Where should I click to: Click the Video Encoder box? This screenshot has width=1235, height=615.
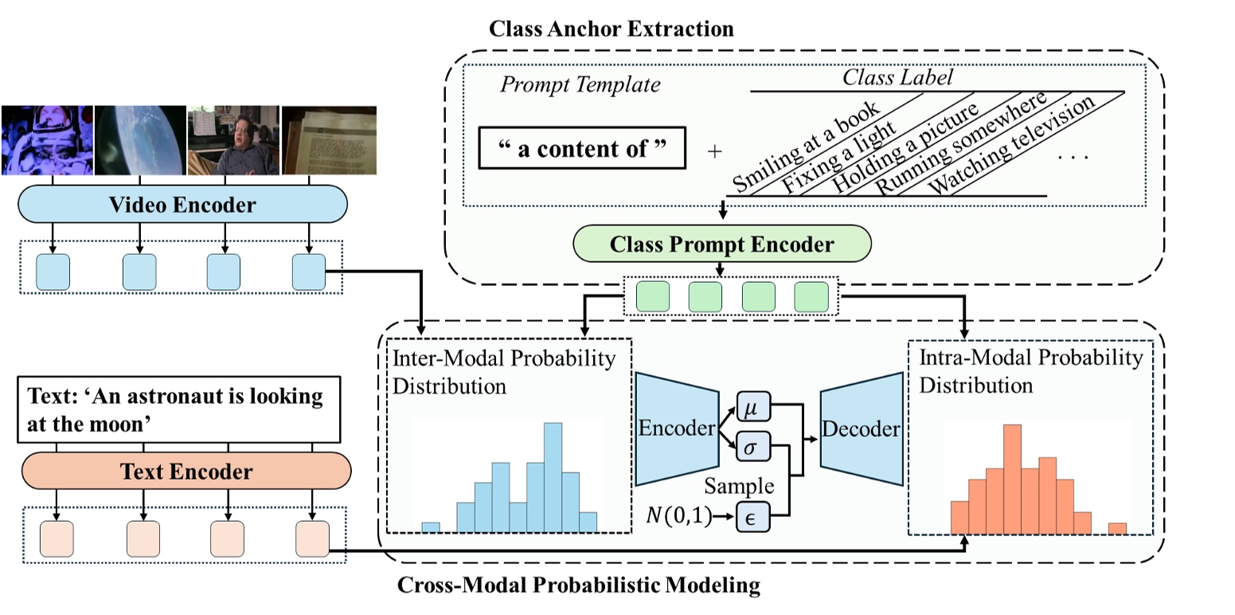coord(182,205)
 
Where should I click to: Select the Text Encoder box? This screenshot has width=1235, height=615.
coord(186,471)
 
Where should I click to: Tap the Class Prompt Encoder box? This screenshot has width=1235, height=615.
coord(721,244)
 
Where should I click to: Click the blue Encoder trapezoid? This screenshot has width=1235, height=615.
coord(675,429)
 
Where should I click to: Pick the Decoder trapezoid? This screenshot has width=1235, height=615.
coord(861,429)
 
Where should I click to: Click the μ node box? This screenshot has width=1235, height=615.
coord(750,408)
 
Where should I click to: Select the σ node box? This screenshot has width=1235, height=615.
coord(750,448)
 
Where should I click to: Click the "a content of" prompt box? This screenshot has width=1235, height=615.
coord(581,148)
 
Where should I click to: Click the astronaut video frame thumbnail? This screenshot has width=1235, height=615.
coord(47,139)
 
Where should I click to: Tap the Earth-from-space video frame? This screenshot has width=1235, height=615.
coord(139,139)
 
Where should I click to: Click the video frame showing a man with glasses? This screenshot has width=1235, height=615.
coord(233,139)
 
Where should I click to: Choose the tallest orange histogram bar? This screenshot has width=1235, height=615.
coord(1012,479)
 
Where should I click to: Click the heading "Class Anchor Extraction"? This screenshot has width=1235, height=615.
coord(611,30)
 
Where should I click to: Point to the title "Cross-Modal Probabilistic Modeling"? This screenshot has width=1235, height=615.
coord(578,587)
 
